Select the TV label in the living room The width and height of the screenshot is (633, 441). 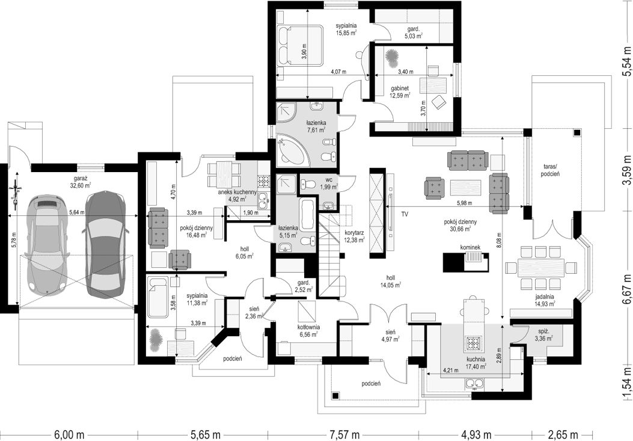click(x=405, y=215)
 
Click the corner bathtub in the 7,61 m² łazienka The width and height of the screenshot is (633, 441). click(x=292, y=150)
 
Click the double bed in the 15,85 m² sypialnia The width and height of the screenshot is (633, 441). click(x=300, y=45)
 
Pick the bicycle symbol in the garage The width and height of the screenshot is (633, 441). click(x=16, y=194)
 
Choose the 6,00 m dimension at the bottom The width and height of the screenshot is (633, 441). click(x=70, y=436)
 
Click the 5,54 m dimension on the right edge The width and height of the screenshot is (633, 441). click(x=626, y=61)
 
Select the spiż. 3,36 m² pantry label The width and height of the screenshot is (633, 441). click(x=544, y=336)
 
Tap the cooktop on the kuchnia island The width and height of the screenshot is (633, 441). click(x=472, y=343)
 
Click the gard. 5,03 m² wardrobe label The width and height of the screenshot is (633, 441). click(x=414, y=32)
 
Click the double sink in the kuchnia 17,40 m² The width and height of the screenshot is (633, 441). click(x=474, y=383)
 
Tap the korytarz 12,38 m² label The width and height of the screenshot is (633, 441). click(x=355, y=236)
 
